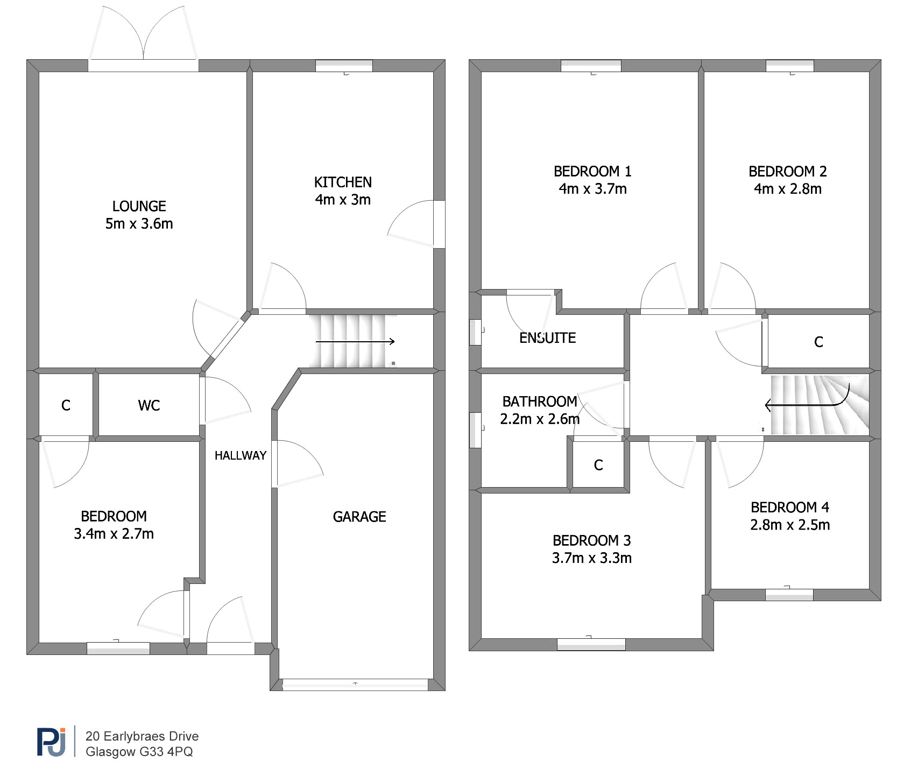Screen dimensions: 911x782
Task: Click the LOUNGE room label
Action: click(139, 206)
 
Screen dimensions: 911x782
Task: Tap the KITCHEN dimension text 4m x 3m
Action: click(343, 200)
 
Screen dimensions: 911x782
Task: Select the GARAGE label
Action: click(359, 517)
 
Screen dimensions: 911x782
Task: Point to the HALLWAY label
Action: click(241, 455)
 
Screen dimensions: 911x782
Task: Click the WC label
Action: click(149, 405)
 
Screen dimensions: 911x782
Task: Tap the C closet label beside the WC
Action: click(66, 405)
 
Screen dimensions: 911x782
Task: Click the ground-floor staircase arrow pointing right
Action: click(355, 341)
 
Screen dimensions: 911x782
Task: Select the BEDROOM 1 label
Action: click(592, 171)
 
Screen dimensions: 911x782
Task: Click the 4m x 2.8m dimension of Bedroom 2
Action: click(788, 189)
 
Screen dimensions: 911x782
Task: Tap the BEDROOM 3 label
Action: click(591, 540)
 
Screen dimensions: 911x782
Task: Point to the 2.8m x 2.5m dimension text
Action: click(790, 525)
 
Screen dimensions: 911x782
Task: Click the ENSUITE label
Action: click(547, 338)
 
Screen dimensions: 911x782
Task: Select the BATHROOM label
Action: click(540, 401)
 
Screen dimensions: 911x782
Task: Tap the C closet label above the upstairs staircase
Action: click(818, 342)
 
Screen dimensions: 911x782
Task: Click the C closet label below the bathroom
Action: click(598, 465)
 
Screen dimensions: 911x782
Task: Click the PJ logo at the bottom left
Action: click(52, 742)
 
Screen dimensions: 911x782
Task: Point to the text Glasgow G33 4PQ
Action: click(139, 752)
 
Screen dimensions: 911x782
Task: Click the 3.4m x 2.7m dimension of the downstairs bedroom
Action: click(114, 534)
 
